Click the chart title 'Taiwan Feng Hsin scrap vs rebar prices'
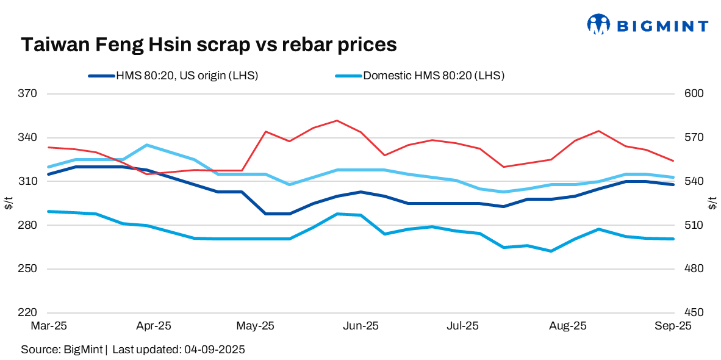click(x=209, y=45)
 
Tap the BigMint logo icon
click(x=598, y=25)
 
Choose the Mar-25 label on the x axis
click(x=48, y=326)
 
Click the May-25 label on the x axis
click(x=255, y=326)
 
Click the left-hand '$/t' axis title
click(x=9, y=203)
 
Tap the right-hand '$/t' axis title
click(x=712, y=203)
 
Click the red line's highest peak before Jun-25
click(x=337, y=121)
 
